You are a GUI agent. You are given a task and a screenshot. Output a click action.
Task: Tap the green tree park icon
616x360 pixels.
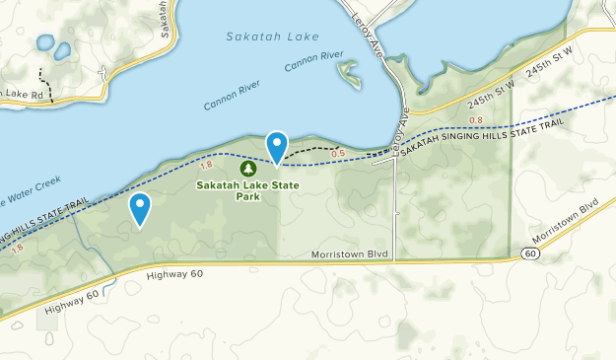point(246,168)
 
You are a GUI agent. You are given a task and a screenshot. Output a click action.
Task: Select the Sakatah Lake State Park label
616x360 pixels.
point(247,189)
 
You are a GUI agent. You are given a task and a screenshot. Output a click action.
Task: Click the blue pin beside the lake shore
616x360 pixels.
point(277,146)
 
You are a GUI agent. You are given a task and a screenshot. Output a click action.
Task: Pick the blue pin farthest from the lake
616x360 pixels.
point(141,207)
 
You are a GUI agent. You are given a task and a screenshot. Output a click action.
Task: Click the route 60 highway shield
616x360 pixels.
point(531,253)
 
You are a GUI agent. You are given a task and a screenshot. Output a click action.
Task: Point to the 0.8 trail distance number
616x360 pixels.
point(477,120)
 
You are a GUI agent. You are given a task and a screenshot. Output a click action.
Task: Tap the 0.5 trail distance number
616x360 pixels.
point(338,154)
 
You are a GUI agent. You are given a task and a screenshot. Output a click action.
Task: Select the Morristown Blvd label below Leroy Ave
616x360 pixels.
point(350,254)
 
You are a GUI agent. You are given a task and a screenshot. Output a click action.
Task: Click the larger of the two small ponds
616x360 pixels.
point(44,42)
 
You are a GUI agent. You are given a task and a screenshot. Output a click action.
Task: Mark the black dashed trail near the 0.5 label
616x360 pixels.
point(313,149)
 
